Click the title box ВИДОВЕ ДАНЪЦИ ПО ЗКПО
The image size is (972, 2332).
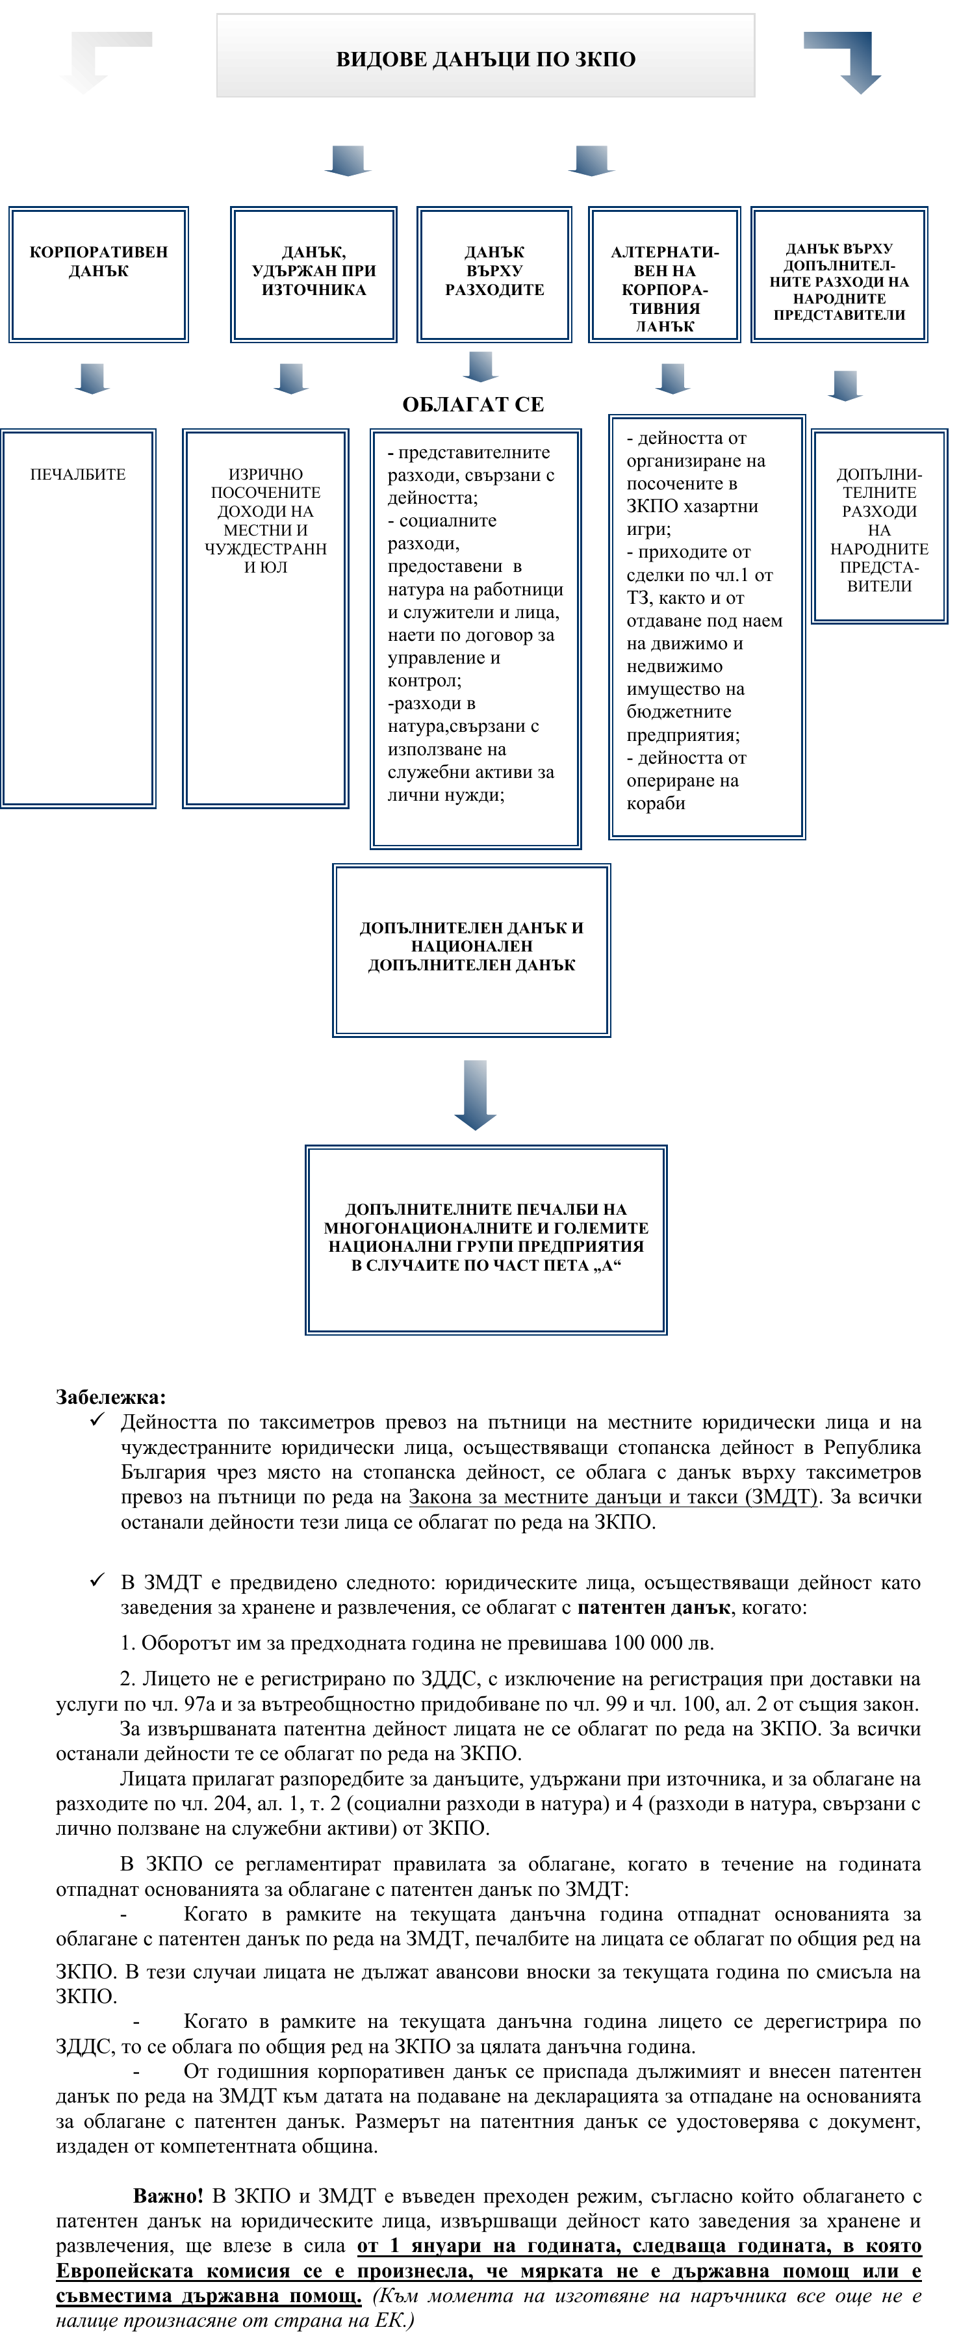(485, 56)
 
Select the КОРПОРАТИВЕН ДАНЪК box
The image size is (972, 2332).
(99, 274)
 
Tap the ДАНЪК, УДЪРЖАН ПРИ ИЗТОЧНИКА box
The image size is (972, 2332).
(313, 274)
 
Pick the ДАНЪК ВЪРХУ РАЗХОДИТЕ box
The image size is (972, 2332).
(494, 274)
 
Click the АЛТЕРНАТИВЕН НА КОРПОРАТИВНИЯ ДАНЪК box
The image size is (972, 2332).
(664, 275)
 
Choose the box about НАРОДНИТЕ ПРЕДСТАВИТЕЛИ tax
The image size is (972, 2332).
(839, 275)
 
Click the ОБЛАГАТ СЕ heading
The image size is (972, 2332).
(472, 405)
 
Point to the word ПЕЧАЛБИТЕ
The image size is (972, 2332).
(78, 474)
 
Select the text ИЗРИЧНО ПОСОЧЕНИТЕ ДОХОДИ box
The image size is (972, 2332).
(265, 521)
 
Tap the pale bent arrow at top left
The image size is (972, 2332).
(99, 59)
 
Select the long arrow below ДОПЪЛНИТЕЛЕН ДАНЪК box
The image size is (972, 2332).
(475, 1095)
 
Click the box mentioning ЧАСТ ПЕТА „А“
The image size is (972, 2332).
(486, 1238)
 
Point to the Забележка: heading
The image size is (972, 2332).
(110, 1397)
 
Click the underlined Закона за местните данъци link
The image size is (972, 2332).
(612, 1496)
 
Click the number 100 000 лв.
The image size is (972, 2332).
(663, 1642)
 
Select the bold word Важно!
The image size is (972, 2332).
(168, 2196)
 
